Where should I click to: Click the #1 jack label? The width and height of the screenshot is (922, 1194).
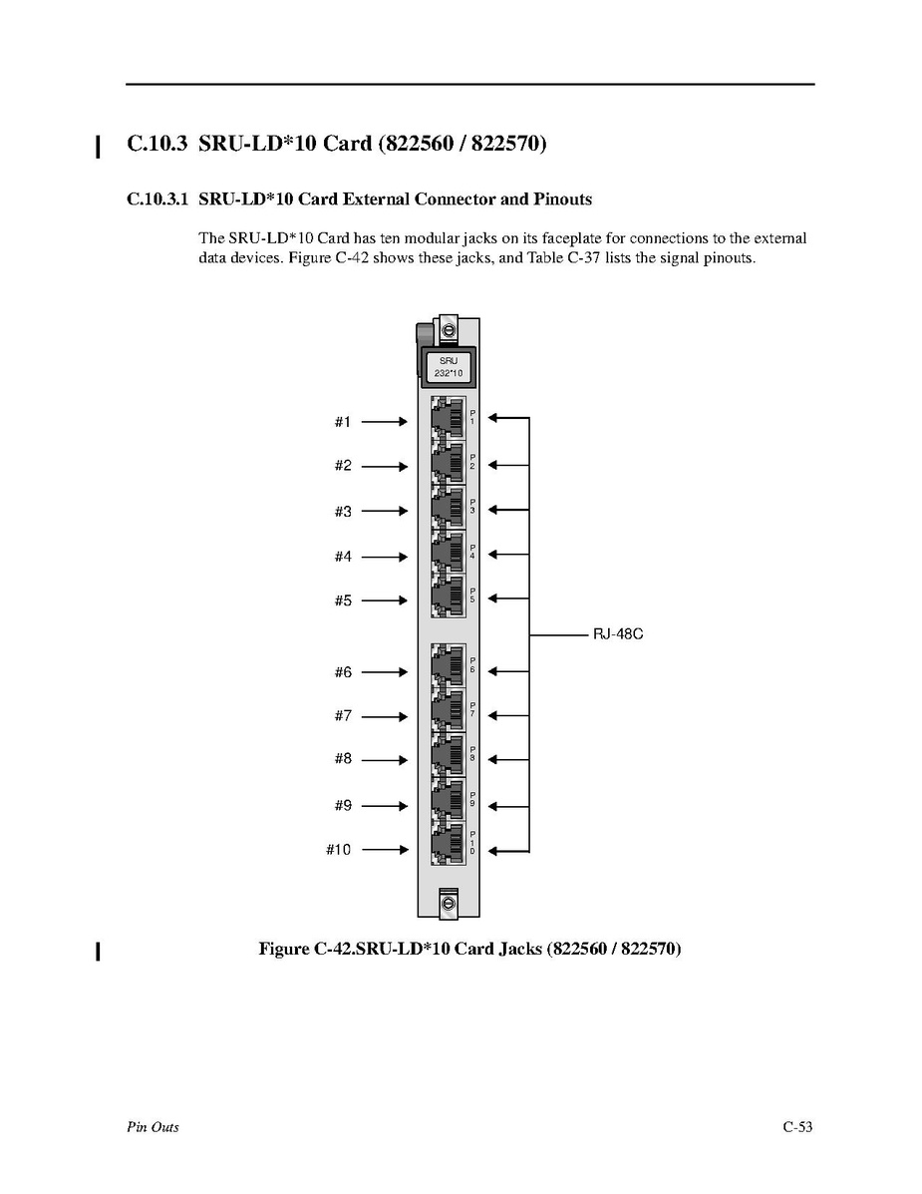(343, 422)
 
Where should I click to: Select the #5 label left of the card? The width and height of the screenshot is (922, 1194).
(343, 600)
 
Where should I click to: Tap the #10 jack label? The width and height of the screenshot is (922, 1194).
(339, 850)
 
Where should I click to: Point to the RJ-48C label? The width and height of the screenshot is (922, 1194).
(618, 633)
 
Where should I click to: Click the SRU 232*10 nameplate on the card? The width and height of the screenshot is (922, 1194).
(448, 366)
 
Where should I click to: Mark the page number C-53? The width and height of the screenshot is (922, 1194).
(797, 1127)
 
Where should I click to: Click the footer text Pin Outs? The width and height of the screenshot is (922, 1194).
(153, 1127)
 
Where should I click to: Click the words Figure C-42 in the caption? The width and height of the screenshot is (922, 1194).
(305, 949)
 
